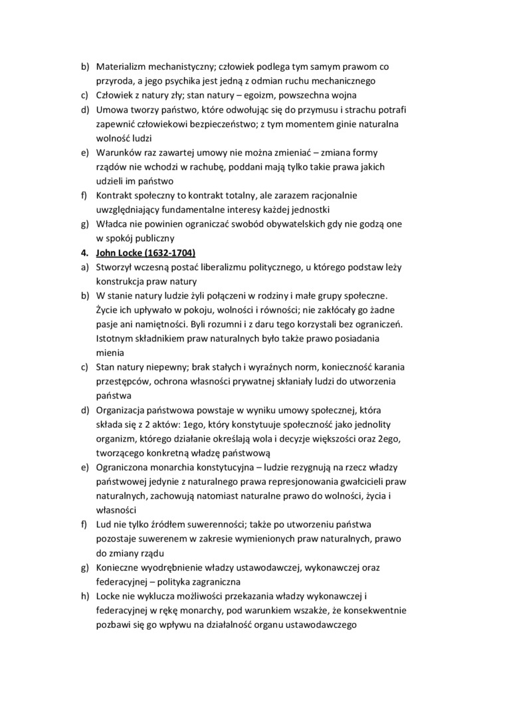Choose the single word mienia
tap(111, 353)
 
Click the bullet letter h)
tap(85, 597)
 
